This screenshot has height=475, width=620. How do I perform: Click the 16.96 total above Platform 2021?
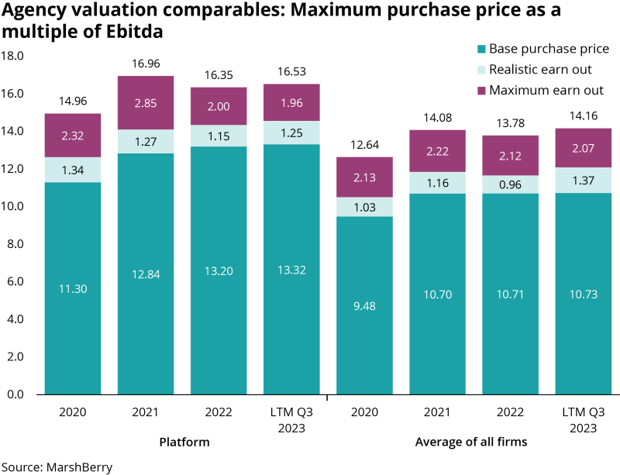pos(146,65)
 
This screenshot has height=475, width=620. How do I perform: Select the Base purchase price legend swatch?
pos(481,50)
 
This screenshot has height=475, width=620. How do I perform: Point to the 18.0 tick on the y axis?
pos(14,56)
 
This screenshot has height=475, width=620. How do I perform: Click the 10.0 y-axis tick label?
pos(14,207)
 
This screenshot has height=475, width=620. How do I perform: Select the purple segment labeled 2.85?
pos(146,103)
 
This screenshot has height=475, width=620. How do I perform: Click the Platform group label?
pos(184,442)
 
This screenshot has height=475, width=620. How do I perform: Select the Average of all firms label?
pos(471,442)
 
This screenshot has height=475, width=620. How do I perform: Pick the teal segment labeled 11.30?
pos(73,288)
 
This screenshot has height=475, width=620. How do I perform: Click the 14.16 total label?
pos(583,118)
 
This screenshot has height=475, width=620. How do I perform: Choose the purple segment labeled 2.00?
pos(219,106)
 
